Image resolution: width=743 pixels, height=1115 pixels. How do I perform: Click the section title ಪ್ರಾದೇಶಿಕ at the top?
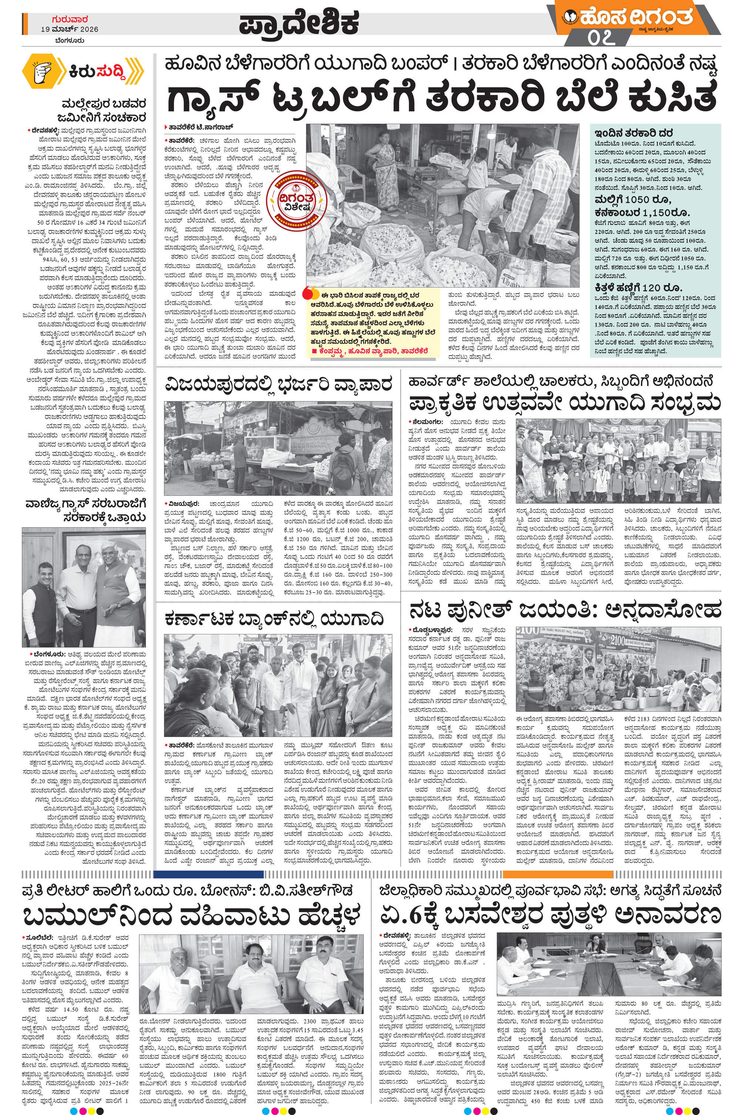pyautogui.click(x=299, y=24)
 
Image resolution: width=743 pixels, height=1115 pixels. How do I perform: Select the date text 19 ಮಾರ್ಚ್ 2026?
pyautogui.click(x=70, y=29)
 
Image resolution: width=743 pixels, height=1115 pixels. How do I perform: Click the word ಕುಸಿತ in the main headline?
pyautogui.click(x=673, y=98)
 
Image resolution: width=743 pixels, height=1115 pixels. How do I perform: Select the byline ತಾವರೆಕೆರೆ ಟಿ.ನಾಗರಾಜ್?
pyautogui.click(x=199, y=127)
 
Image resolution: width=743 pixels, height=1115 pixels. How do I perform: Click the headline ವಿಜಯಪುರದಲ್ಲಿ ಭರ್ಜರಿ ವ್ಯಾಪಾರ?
pyautogui.click(x=278, y=384)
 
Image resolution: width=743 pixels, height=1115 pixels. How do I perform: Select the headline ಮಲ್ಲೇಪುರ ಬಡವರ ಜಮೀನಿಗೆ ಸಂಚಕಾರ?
pyautogui.click(x=99, y=110)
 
